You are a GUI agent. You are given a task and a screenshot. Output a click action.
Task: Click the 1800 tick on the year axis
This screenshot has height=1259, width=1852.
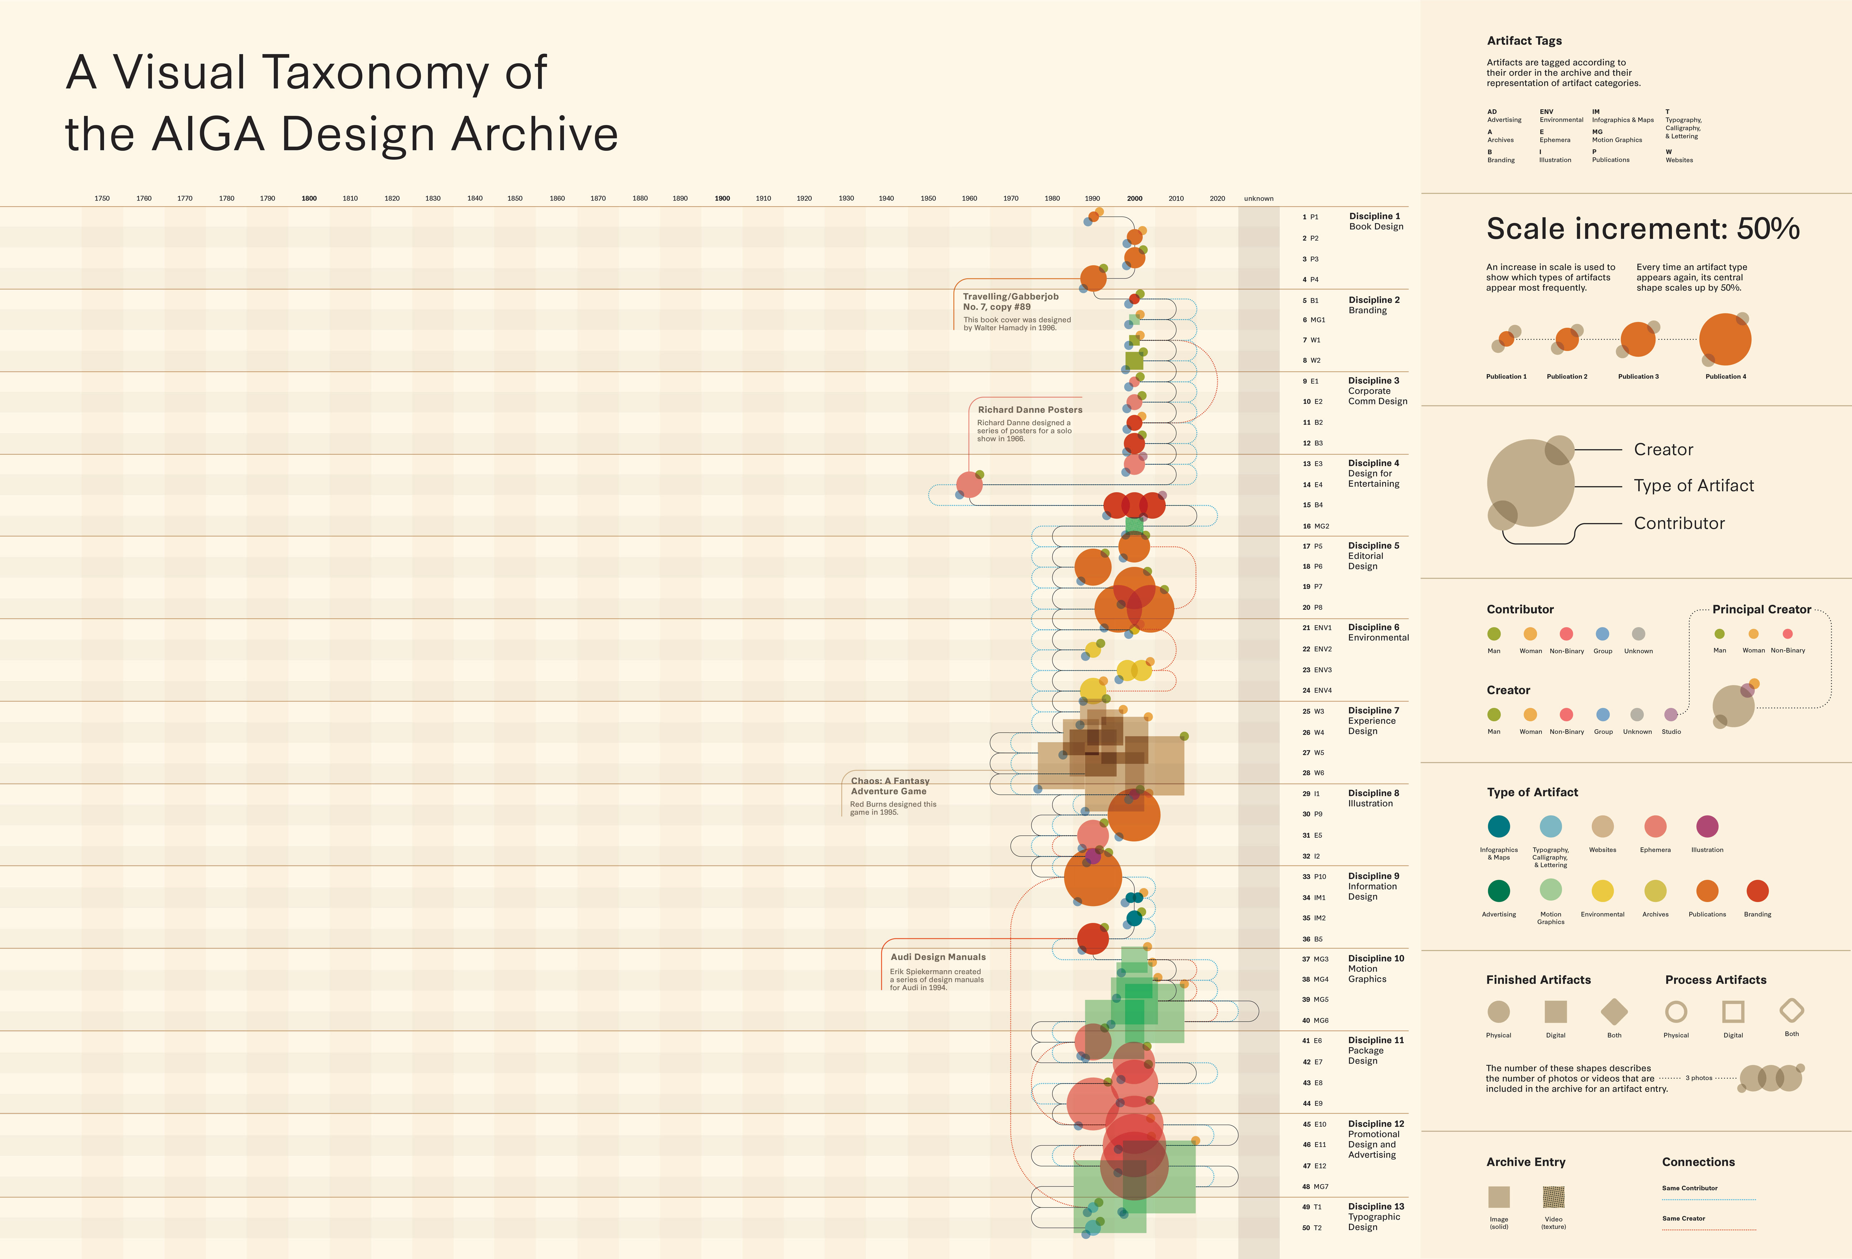coord(309,198)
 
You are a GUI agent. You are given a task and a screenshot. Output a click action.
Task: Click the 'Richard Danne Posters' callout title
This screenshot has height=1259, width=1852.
coord(1030,410)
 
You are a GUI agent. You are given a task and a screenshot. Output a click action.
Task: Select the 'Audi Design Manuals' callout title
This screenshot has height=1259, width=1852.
coord(938,957)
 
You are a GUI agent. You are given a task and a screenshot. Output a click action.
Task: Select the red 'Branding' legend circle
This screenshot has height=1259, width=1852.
coord(1757,891)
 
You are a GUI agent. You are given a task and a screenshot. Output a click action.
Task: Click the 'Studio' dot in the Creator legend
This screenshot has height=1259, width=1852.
coord(1671,715)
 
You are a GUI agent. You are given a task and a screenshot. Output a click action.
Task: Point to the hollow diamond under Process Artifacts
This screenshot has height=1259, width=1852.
coord(1792,1011)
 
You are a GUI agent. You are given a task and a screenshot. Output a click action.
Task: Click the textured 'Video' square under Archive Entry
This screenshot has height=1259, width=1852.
coord(1553,1197)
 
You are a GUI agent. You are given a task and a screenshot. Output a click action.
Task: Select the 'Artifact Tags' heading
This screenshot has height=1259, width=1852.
coord(1524,41)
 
